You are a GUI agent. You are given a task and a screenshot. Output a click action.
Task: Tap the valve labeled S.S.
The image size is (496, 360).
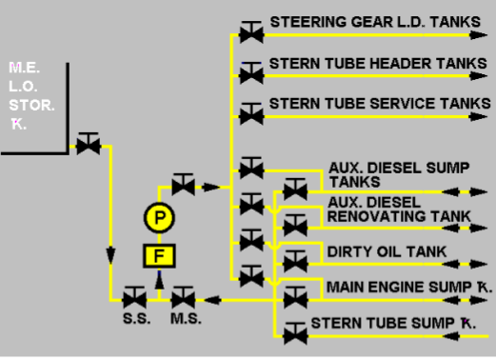point(133,299)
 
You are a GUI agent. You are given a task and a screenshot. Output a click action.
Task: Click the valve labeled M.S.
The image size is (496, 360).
point(181,299)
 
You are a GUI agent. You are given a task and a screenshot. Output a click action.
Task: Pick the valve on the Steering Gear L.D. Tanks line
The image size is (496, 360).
point(251,34)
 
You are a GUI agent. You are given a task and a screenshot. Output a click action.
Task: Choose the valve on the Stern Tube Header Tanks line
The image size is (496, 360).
point(251,74)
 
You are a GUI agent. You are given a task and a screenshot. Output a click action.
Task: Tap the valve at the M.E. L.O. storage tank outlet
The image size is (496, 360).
point(89,146)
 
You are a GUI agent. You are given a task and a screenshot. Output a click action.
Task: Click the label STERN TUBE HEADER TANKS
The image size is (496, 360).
point(378,62)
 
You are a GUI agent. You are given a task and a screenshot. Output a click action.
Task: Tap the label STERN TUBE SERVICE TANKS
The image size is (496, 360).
point(380,102)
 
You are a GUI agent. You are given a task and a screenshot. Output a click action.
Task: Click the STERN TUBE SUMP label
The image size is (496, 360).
point(393,323)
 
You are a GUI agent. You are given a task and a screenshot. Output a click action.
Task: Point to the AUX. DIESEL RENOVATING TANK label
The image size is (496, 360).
point(398,210)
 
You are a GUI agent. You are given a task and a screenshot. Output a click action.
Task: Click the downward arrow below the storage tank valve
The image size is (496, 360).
point(110,255)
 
